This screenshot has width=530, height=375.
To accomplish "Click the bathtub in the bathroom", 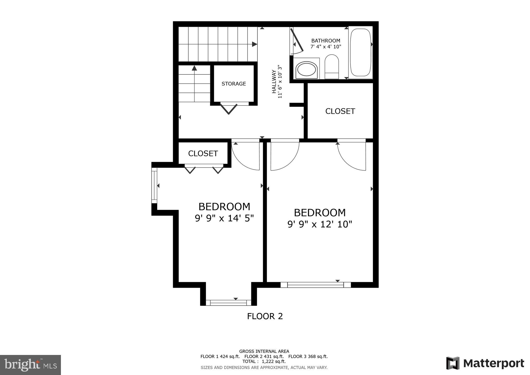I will pyautogui.click(x=360, y=52).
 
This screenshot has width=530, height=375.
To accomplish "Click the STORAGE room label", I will pyautogui.click(x=234, y=84).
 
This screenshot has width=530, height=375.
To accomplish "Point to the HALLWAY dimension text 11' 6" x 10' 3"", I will pyautogui.click(x=280, y=82).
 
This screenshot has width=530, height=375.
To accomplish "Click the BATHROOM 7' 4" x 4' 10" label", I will pyautogui.click(x=326, y=44).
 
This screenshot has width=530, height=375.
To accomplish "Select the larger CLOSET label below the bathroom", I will pyautogui.click(x=340, y=111).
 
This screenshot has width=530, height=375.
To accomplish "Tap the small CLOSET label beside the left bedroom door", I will pyautogui.click(x=203, y=154).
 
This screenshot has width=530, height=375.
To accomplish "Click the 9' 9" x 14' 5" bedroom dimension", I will pyautogui.click(x=224, y=218).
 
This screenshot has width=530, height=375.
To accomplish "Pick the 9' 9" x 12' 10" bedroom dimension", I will pyautogui.click(x=319, y=224).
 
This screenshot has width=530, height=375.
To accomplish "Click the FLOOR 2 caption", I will pyautogui.click(x=265, y=316).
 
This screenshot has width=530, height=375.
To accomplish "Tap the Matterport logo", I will pyautogui.click(x=485, y=363).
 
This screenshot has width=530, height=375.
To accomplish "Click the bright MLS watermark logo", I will pyautogui.click(x=30, y=365).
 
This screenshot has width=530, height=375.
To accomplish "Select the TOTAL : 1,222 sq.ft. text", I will pyautogui.click(x=264, y=361).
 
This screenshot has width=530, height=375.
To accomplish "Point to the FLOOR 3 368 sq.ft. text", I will pyautogui.click(x=308, y=357).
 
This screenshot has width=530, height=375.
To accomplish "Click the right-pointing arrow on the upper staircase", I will pyautogui.click(x=254, y=45).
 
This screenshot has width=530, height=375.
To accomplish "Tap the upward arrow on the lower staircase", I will pyautogui.click(x=194, y=68).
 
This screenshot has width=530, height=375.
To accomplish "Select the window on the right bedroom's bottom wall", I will pyautogui.click(x=316, y=285).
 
